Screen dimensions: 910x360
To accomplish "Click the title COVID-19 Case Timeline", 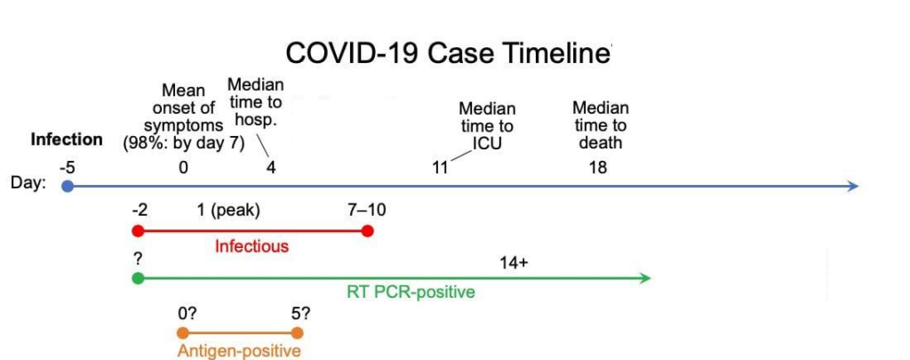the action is (x=448, y=52).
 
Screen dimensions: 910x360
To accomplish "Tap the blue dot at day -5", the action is (x=68, y=187).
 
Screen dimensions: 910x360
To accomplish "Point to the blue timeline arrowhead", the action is (x=853, y=187).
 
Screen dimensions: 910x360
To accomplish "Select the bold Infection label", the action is (x=67, y=140).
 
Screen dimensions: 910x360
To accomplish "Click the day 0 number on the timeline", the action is (x=183, y=168).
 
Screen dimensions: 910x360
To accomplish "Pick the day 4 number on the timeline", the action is (x=271, y=168).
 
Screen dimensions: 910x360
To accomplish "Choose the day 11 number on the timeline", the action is (x=440, y=168).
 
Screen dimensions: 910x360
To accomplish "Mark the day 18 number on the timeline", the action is (x=598, y=168).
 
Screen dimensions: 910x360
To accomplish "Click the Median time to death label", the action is (x=601, y=124).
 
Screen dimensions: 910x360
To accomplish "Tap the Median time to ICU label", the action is (x=487, y=126).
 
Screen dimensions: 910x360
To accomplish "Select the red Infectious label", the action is (x=251, y=246).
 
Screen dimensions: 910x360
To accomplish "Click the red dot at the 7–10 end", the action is (x=367, y=231).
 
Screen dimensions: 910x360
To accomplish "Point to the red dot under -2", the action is (x=138, y=231).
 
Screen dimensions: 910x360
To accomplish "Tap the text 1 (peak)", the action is (x=228, y=210).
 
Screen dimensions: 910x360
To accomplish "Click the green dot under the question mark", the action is (x=138, y=278).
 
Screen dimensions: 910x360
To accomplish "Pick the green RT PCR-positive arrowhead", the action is (x=645, y=278).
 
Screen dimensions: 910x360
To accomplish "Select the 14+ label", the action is (x=515, y=263).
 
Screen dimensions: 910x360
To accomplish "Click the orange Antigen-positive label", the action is (x=239, y=351).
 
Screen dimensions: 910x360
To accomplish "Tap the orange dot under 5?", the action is (x=297, y=332).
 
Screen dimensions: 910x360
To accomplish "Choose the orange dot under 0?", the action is (x=183, y=332).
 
